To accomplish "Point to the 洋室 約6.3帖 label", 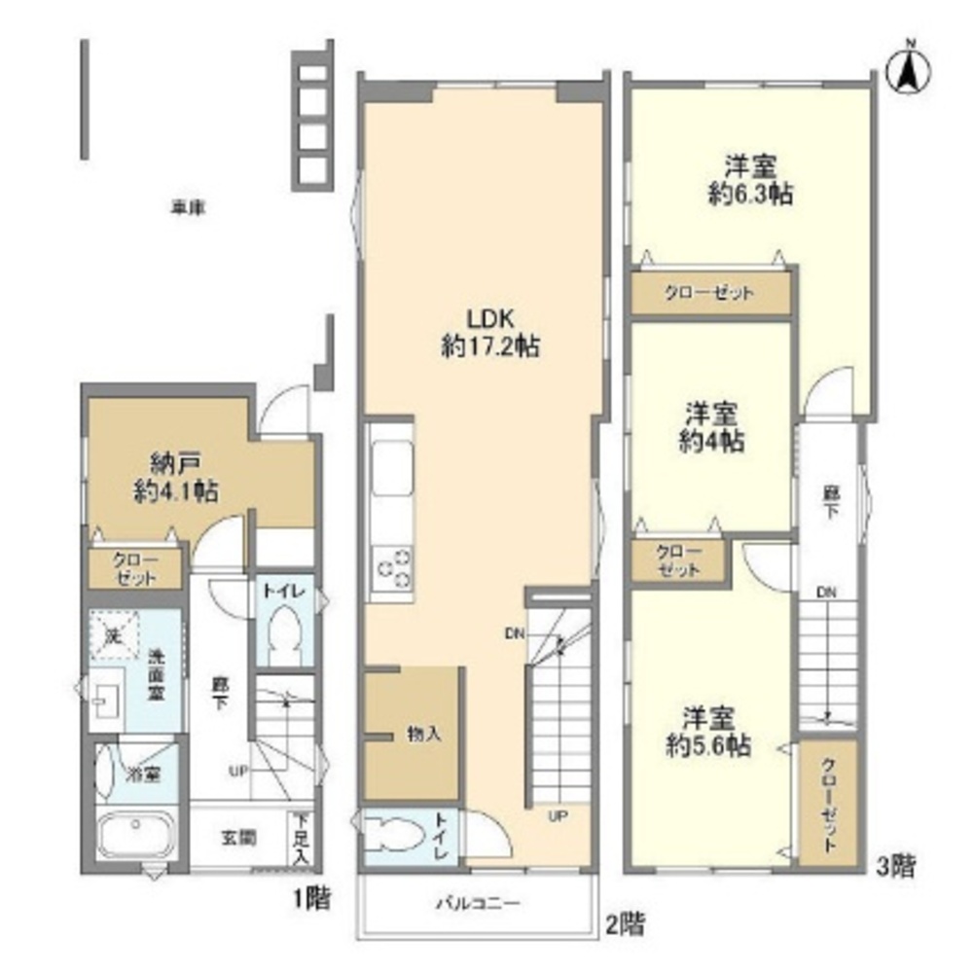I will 749,179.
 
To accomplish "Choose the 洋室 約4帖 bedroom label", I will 712,426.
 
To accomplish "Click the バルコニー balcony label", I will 477,902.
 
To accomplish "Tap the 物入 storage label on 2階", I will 424,734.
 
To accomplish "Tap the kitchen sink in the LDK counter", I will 390,461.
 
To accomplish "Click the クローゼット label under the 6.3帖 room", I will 710,293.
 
